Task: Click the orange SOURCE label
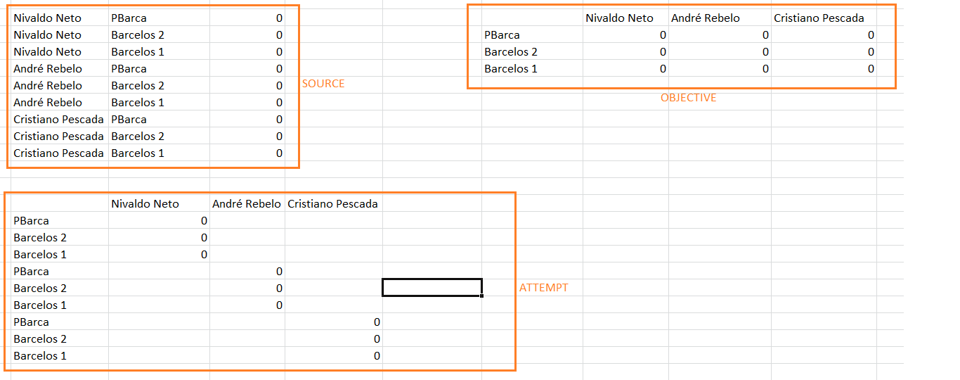323,84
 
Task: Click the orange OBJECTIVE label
688,98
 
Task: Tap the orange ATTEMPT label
543,288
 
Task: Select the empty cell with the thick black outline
432,288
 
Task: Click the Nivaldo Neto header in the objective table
619,18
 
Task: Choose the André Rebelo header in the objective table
705,18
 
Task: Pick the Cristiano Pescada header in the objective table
819,18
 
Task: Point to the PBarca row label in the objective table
502,35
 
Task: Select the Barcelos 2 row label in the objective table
511,52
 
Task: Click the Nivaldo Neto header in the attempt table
145,204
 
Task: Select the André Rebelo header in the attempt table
247,204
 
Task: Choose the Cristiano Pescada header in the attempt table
332,204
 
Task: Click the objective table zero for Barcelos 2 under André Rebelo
765,52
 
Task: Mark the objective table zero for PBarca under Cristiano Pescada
871,35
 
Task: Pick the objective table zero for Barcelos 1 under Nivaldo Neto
663,69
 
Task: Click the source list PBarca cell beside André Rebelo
129,69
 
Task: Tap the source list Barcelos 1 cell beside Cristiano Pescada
138,153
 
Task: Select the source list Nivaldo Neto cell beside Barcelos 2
47,35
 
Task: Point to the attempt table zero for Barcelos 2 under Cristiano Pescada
377,339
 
